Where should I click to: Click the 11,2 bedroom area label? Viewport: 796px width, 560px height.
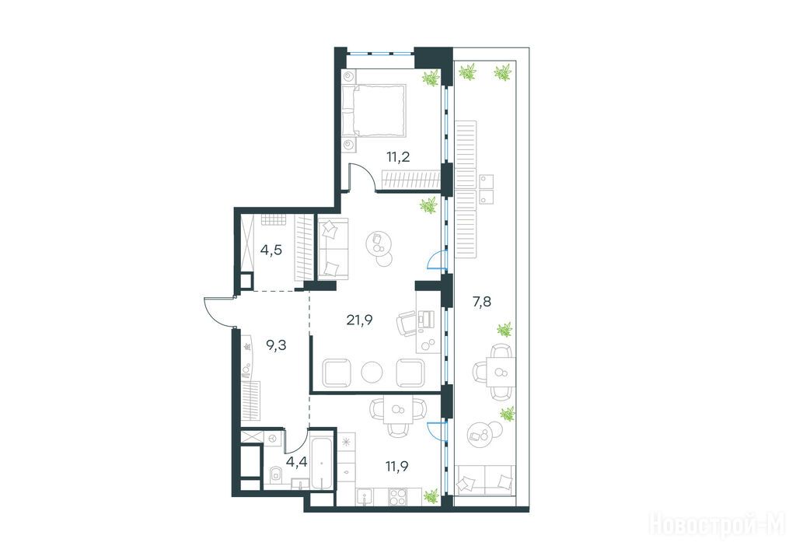pos(398,156)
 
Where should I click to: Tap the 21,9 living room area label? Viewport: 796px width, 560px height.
pos(359,320)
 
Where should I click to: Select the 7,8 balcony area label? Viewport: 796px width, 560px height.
pos(481,302)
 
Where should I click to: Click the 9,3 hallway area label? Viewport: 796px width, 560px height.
pos(276,345)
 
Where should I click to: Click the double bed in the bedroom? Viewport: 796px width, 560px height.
pos(374,110)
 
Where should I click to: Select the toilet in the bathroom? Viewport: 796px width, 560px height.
pos(276,475)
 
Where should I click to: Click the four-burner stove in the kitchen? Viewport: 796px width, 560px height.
pos(397,496)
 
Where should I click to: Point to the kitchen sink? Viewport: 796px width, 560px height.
pos(365,497)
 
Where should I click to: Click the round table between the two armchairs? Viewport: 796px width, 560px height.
pos(372,372)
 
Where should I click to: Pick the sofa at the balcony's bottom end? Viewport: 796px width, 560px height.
pos(486,479)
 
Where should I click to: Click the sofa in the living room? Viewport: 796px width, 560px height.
pos(333,248)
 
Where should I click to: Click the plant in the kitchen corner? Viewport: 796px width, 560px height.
pos(431,495)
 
